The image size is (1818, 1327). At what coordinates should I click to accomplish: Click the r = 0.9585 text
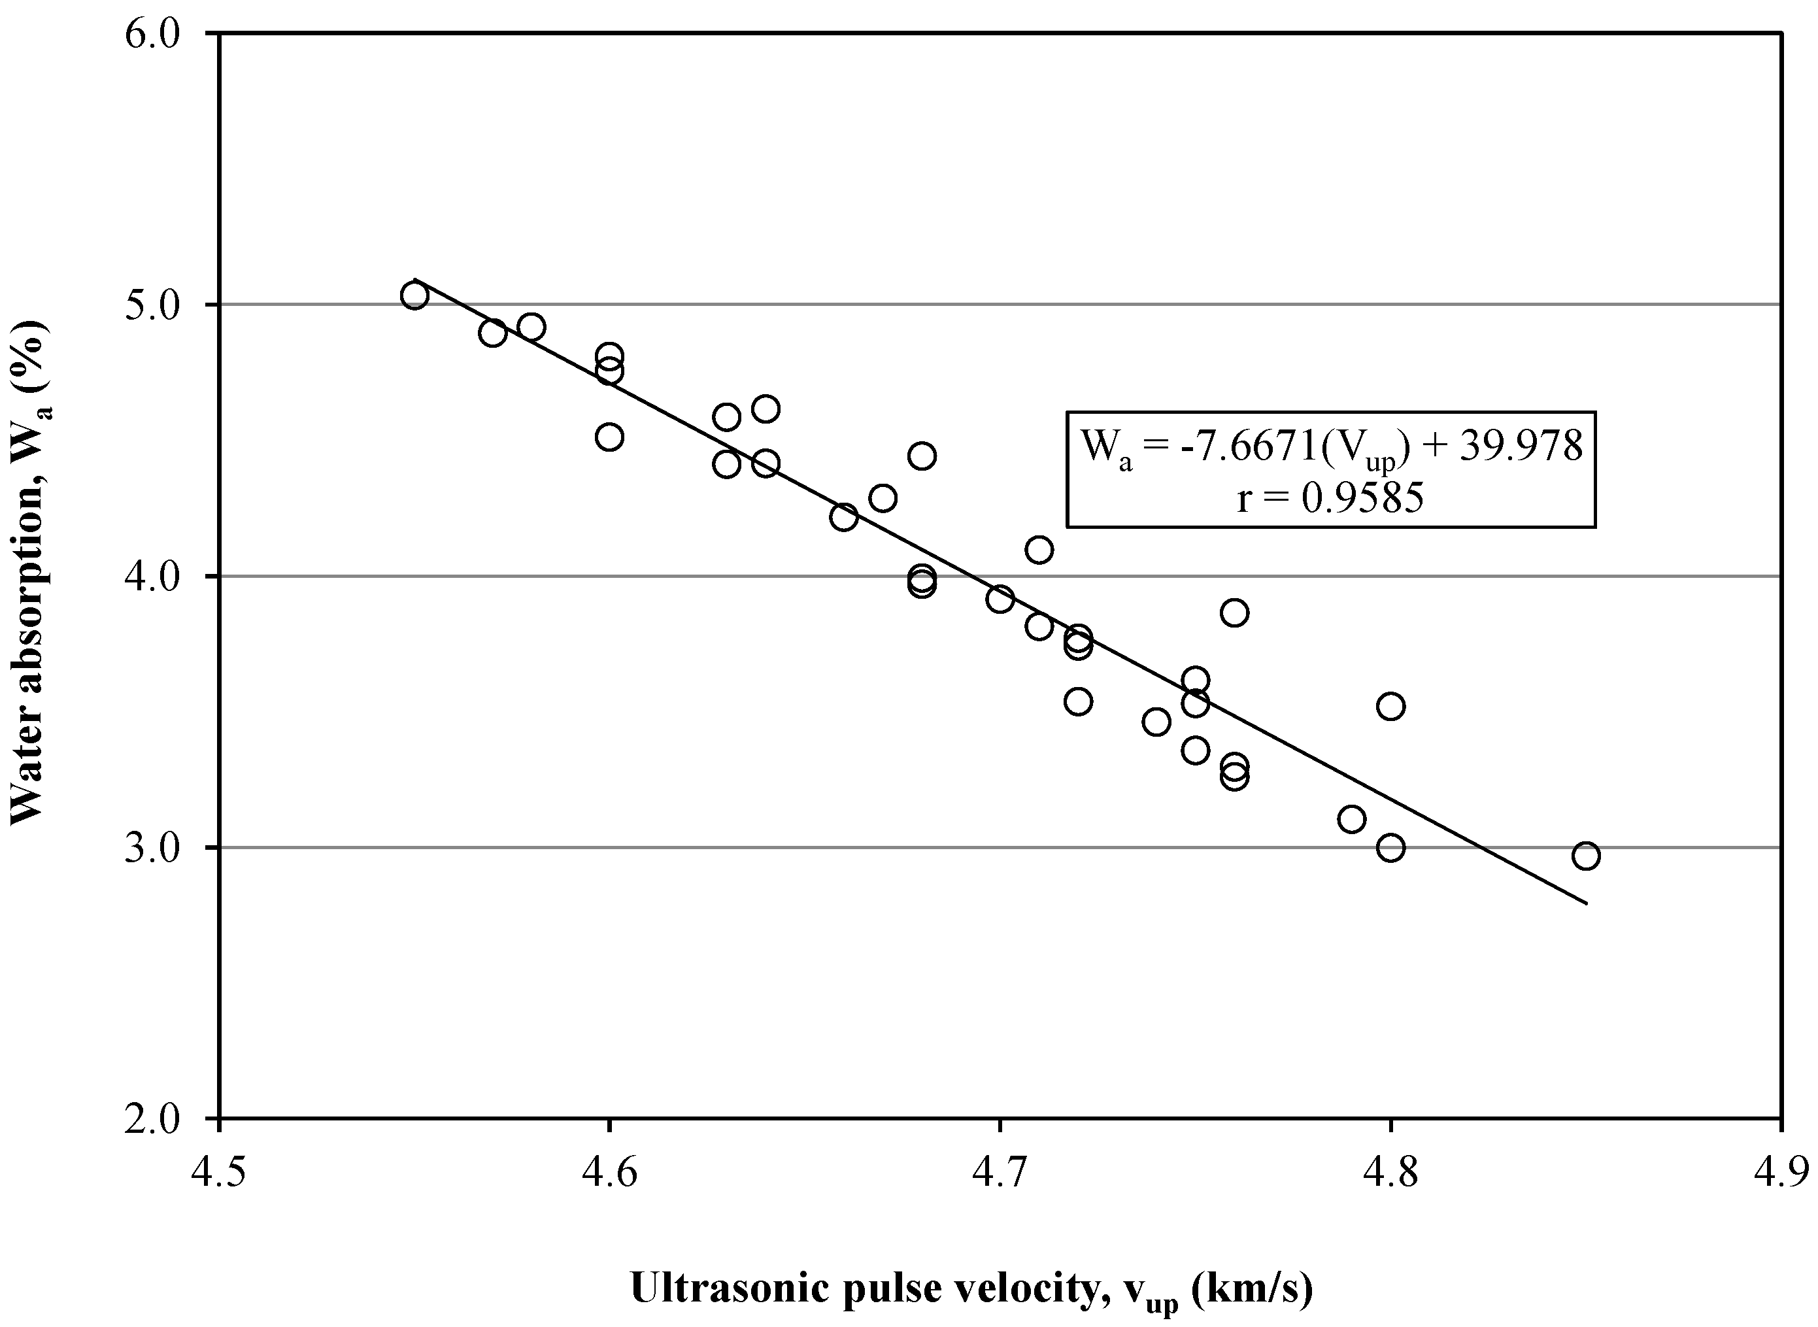pos(1330,498)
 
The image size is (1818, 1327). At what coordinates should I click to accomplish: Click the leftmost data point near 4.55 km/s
pos(414,296)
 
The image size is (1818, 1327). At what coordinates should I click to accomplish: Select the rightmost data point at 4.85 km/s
pos(1586,856)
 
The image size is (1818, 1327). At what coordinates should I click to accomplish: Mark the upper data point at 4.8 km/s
pos(1390,707)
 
